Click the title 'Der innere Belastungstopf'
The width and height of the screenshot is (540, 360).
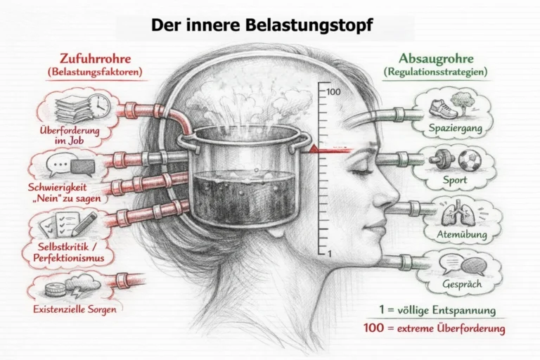(262, 25)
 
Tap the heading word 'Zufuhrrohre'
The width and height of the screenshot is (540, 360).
(96, 58)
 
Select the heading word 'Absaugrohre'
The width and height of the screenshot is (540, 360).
(436, 58)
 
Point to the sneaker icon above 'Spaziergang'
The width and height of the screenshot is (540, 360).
(442, 108)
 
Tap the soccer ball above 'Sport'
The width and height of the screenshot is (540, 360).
(470, 160)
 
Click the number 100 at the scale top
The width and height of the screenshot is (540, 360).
(333, 91)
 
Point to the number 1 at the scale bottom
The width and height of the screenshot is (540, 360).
(330, 254)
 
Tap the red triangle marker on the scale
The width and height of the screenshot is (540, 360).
(314, 148)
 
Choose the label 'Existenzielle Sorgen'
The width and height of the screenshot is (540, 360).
(75, 309)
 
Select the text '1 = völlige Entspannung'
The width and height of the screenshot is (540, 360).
(437, 310)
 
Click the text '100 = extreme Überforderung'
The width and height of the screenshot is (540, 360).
(435, 328)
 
